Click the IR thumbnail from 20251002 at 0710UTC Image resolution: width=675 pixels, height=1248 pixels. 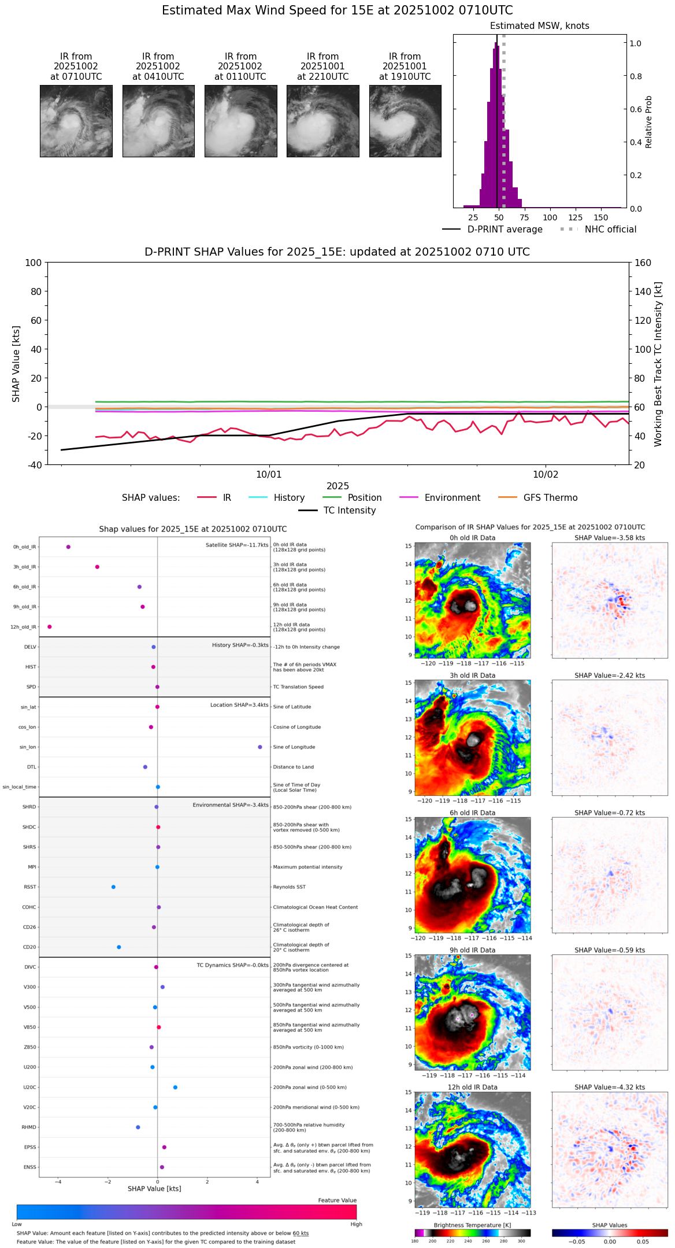point(76,121)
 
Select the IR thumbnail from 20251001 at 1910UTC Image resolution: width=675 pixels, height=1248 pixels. point(405,121)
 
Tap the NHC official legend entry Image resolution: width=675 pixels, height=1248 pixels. point(610,230)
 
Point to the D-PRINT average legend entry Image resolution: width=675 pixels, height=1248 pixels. point(505,230)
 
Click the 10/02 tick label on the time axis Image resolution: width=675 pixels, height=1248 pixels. point(546,475)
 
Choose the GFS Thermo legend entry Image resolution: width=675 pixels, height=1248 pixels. point(550,498)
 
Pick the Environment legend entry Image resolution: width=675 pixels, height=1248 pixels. point(452,498)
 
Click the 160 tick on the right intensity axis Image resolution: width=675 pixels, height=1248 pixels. point(643,263)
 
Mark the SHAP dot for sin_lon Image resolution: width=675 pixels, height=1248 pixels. point(260,747)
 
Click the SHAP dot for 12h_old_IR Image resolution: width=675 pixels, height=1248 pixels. point(50,627)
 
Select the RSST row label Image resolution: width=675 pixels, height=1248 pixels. point(29,887)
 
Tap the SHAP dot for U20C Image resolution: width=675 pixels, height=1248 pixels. point(175,1087)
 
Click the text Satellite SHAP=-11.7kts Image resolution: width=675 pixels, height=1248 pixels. point(237,545)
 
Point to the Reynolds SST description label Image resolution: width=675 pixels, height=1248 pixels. point(289,887)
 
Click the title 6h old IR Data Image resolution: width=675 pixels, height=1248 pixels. point(472,813)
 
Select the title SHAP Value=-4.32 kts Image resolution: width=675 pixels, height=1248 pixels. point(610,1087)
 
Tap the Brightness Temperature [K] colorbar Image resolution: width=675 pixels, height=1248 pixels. point(472,1232)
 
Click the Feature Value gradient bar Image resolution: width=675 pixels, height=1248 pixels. point(187,1212)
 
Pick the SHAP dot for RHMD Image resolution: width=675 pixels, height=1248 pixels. point(138,1127)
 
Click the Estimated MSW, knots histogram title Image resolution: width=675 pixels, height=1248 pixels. point(539,26)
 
